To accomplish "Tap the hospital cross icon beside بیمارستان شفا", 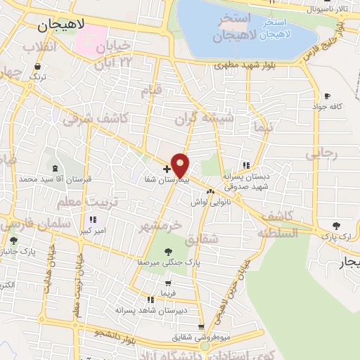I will [167, 169].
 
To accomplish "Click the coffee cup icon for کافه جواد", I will [327, 96].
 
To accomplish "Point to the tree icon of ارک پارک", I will [337, 226].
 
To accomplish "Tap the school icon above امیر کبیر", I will [91, 220].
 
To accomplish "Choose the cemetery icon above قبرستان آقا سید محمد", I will [56, 169].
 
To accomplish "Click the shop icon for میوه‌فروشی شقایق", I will [202, 327].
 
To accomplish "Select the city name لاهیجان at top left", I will [60, 25].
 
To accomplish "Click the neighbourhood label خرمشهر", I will [161, 226].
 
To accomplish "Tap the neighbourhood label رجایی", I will [326, 151].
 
